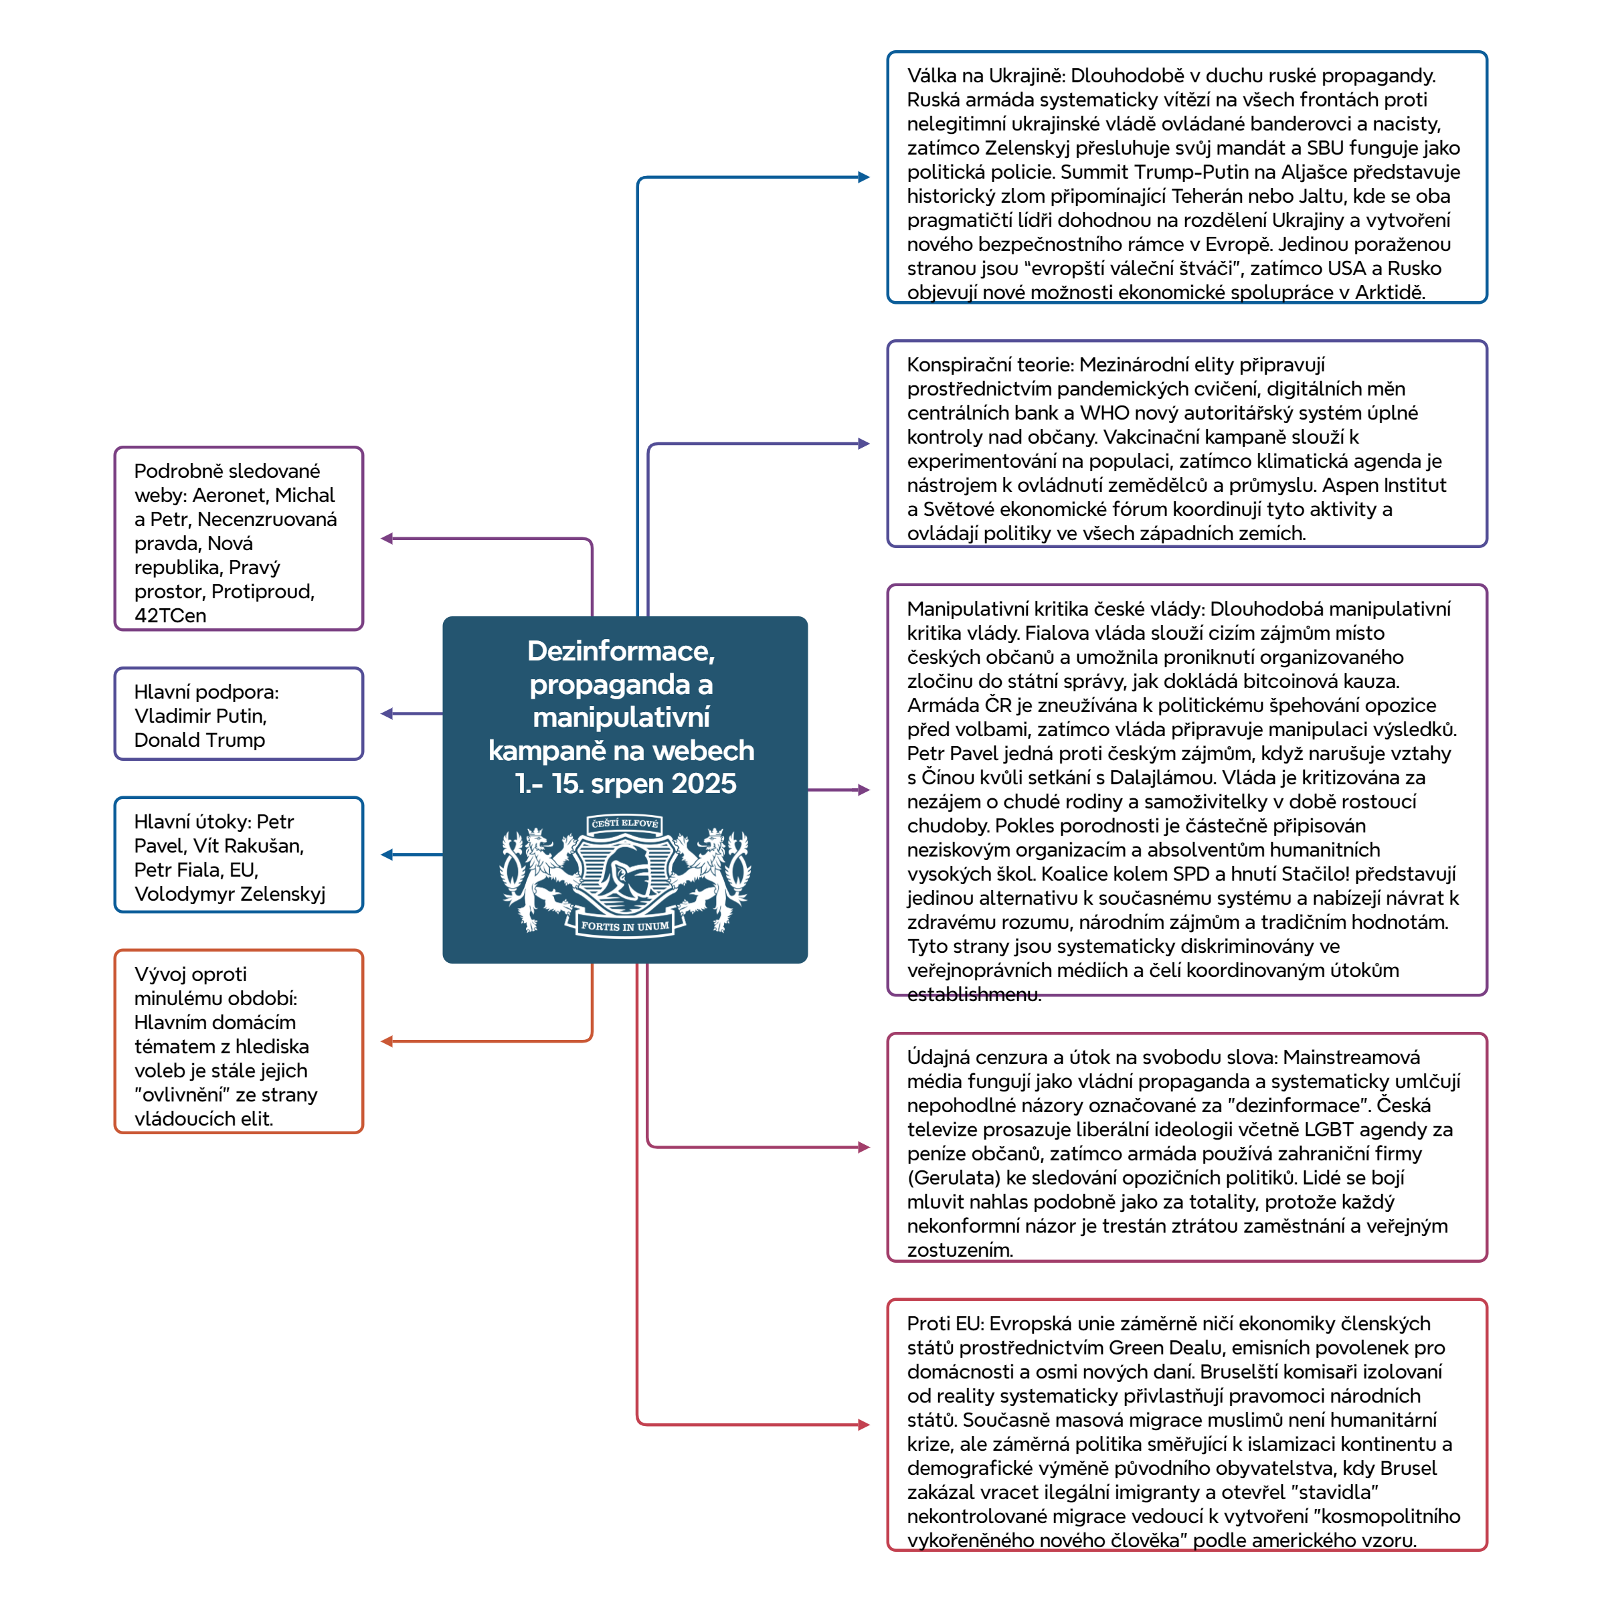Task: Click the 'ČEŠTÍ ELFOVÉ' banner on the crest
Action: coord(624,823)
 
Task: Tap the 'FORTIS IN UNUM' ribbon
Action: coord(624,926)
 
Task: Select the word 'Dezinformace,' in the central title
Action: coord(621,651)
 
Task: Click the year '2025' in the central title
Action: coord(703,784)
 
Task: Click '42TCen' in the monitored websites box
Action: coord(170,615)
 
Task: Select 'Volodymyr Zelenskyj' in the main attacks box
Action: coord(230,894)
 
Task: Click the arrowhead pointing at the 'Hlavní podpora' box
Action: coord(386,713)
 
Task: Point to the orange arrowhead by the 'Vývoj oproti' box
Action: coord(386,1041)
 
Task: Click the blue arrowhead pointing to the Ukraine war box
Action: coord(864,177)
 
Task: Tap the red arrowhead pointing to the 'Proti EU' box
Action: coord(864,1425)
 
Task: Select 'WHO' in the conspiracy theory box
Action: coord(1105,413)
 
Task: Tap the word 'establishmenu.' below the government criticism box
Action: coord(974,994)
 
